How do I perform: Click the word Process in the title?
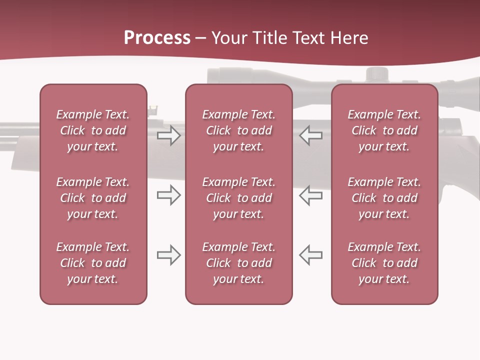(157, 38)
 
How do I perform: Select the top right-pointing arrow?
(168, 135)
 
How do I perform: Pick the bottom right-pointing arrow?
(168, 254)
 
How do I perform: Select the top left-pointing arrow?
(310, 135)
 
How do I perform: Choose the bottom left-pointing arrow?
(310, 254)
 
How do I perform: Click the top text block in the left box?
(93, 130)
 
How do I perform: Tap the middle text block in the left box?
(93, 198)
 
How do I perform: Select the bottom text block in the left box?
(93, 263)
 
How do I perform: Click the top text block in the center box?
(238, 130)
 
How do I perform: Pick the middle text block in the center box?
(238, 198)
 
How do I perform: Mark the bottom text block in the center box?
(238, 263)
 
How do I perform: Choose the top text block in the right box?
(384, 130)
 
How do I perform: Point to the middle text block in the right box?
(384, 198)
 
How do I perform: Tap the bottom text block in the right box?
(384, 263)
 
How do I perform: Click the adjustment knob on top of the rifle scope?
(377, 74)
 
